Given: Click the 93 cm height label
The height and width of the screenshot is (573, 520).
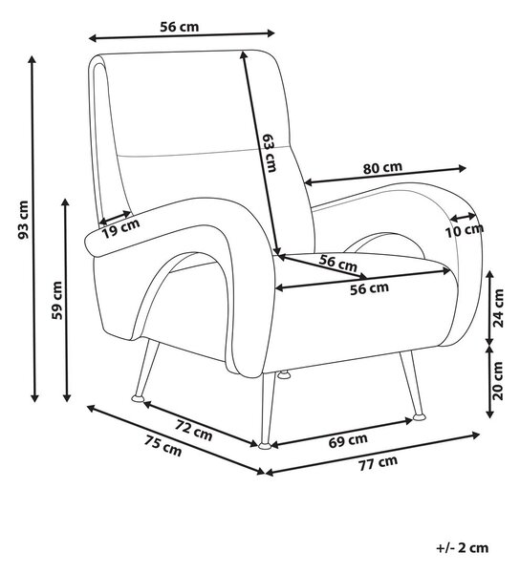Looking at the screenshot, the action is point(23,220).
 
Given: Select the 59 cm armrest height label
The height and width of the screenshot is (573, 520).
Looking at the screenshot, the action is point(57,301).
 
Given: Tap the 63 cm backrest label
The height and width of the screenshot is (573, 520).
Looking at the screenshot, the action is point(270,153).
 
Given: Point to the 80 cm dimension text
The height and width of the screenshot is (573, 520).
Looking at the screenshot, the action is point(382,168).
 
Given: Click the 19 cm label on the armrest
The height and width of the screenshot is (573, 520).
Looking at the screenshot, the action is point(120,229).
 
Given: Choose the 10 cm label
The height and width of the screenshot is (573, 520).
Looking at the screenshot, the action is point(465,230).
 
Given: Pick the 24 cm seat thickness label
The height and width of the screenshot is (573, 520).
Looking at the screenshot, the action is point(498,308).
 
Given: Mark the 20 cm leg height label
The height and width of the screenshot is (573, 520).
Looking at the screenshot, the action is point(498,381).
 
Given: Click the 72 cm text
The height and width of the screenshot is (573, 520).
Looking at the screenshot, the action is point(194,430).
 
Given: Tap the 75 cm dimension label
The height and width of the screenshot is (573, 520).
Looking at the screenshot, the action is point(162,446).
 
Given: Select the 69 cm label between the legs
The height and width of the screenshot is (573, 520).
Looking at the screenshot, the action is point(348,440).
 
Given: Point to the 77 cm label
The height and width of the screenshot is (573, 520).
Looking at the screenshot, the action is point(378,463).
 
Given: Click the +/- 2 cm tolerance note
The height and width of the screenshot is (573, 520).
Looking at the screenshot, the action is point(463,548).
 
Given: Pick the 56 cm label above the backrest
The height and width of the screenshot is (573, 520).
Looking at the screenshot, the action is point(180,27).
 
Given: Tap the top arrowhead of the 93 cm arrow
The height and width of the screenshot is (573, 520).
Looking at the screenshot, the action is point(32,59).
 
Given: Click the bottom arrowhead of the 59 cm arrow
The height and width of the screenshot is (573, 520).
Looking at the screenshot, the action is point(66,397).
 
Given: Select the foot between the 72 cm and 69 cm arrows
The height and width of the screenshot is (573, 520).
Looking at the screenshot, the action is point(265,446).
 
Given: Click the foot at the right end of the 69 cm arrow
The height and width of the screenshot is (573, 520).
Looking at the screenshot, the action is point(419,417).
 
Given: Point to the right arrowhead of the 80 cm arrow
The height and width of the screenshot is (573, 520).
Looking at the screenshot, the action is point(462,168).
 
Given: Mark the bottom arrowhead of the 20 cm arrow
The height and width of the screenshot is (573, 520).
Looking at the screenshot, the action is point(489,414).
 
